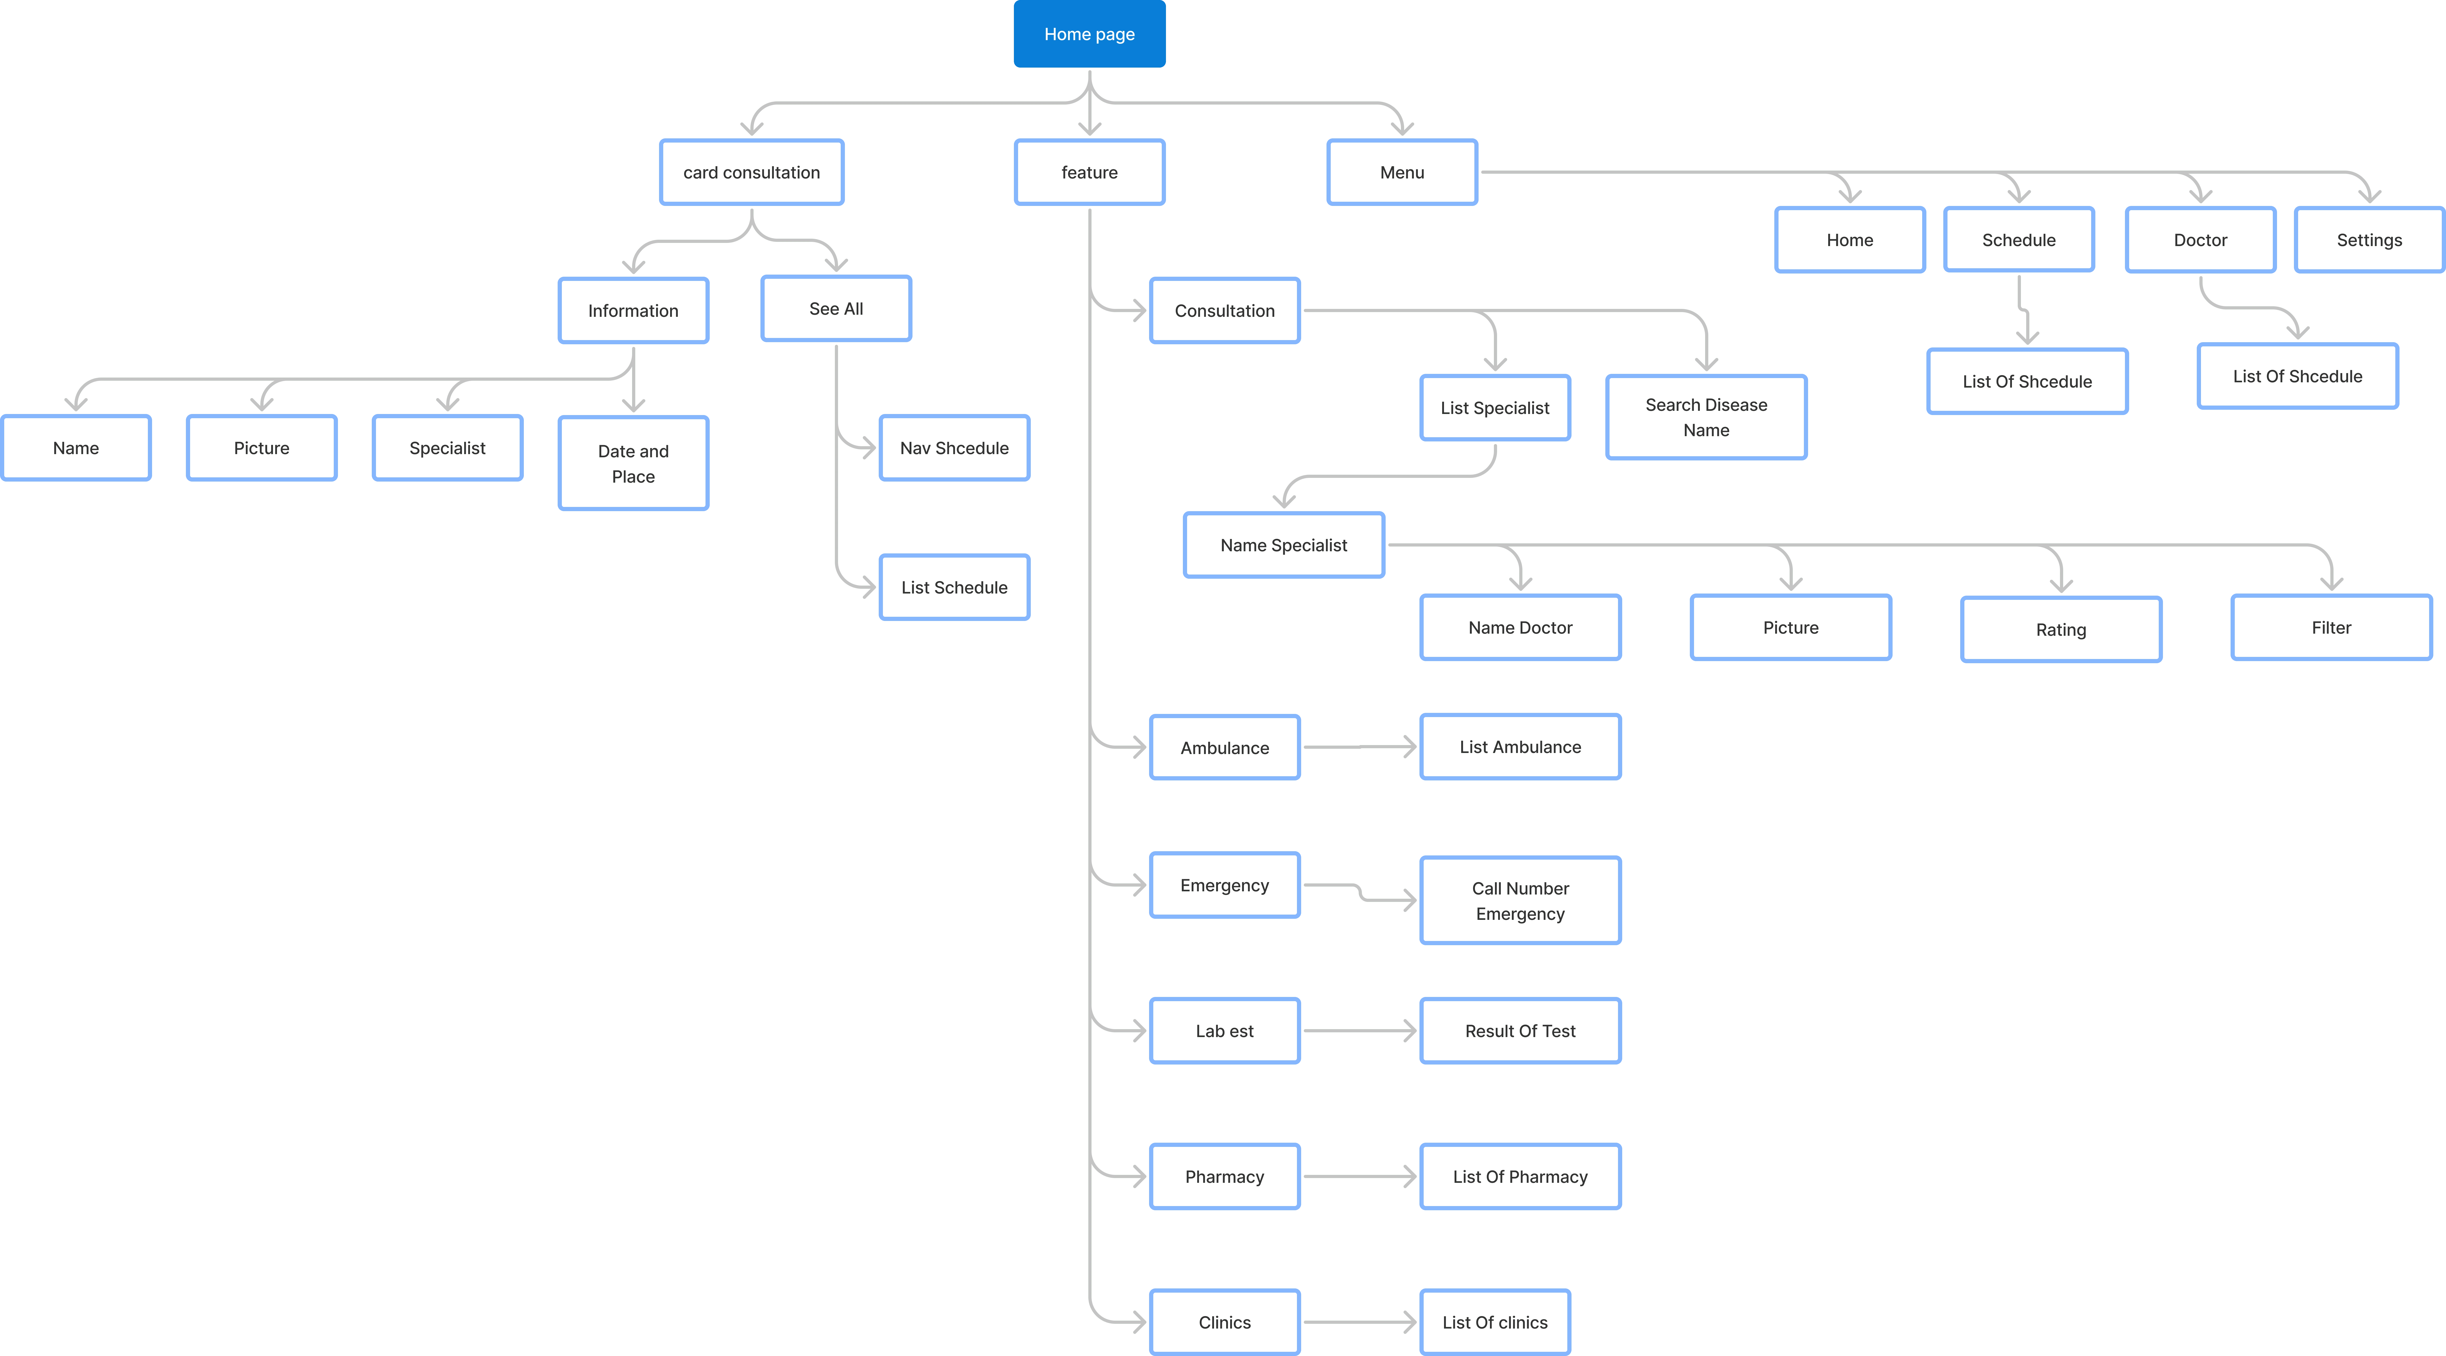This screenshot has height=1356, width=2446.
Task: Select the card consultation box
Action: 751,172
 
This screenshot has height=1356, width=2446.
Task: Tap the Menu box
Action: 1401,172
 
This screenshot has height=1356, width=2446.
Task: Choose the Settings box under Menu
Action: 2369,239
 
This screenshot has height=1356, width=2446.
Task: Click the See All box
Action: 836,309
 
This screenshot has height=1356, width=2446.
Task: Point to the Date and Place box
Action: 633,463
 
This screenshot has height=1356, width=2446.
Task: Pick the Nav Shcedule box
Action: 954,447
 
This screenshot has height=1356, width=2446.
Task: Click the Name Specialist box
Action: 1284,545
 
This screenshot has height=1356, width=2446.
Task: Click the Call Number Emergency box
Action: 1520,900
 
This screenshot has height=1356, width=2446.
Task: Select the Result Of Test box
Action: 1520,1030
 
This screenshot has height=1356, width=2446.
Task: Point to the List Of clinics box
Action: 1495,1322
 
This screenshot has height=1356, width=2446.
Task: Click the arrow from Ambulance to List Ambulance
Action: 1360,747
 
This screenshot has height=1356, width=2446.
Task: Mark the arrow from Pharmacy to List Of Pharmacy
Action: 1360,1176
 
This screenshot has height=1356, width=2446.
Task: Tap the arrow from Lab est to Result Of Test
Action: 1360,1030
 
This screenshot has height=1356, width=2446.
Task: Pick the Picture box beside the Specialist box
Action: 261,447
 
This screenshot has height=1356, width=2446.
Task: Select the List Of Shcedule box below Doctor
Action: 2297,376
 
